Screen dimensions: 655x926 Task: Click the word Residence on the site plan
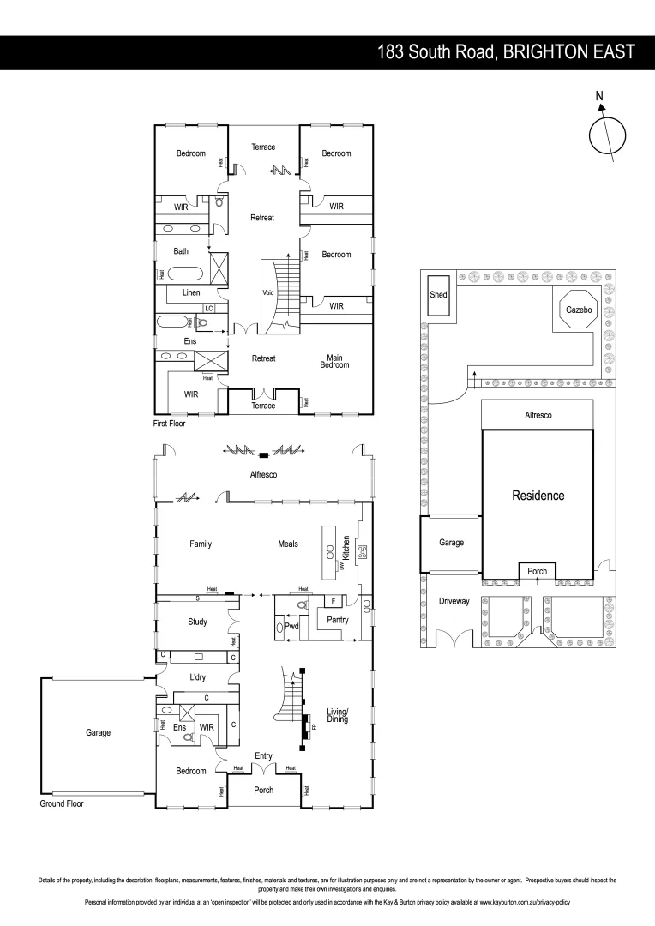tap(538, 496)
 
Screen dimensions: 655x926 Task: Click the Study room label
tap(198, 622)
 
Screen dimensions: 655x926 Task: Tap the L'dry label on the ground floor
tap(200, 677)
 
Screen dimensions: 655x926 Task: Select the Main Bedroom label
tap(334, 362)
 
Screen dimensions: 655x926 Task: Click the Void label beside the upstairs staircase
tap(267, 292)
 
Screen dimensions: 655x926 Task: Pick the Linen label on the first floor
tap(192, 293)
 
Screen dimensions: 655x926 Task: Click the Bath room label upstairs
tap(181, 251)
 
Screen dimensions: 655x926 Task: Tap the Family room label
tap(200, 544)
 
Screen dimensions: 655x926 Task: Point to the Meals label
tap(288, 544)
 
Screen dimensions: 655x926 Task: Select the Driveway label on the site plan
tap(454, 601)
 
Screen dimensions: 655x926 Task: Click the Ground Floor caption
tap(62, 804)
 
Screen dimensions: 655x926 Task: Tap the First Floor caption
tap(170, 423)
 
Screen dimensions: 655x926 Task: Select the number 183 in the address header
tap(393, 52)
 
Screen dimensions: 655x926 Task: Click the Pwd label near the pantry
tap(291, 627)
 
